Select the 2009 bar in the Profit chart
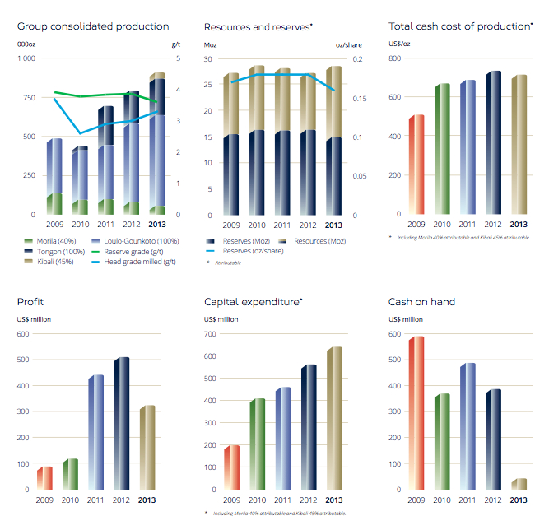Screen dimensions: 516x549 pos(44,478)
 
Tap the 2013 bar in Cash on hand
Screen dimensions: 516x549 pos(519,484)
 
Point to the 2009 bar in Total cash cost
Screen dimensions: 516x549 pos(416,165)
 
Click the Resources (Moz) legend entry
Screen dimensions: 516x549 pos(314,240)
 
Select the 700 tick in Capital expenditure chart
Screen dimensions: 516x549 pos(211,334)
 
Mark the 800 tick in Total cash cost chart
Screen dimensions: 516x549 pos(395,59)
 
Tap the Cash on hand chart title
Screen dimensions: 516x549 pos(421,302)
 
